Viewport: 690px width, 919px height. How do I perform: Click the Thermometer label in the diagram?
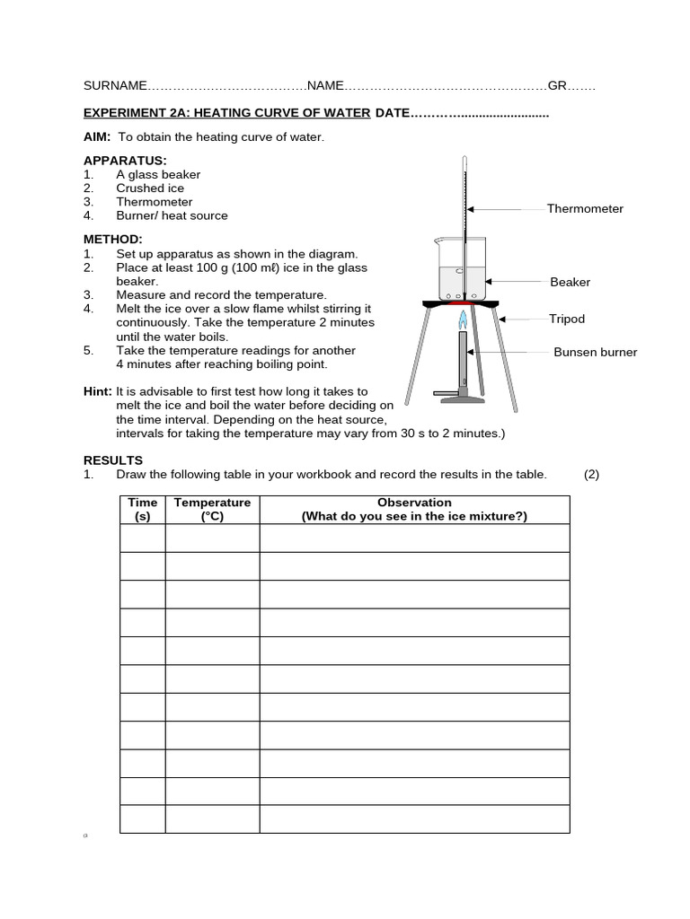click(585, 209)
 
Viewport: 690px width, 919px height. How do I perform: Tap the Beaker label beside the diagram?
click(570, 283)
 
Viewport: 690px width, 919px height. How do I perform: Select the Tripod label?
click(567, 319)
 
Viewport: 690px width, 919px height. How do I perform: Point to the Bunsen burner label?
click(595, 353)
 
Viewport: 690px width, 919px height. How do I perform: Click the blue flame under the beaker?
click(464, 318)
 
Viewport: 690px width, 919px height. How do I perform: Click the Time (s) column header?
click(143, 510)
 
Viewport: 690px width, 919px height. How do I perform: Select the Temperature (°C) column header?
click(213, 510)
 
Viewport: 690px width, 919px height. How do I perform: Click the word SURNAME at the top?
click(115, 86)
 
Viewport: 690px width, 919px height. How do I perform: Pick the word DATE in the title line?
click(393, 113)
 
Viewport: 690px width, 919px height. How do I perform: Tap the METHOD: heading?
click(113, 240)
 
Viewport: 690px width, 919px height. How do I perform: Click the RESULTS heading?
click(113, 460)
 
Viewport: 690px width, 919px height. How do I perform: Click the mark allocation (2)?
click(591, 475)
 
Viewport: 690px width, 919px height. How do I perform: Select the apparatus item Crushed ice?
click(150, 188)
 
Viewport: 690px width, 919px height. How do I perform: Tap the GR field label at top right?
click(557, 86)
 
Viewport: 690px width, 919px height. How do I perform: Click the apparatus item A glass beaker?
click(158, 175)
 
